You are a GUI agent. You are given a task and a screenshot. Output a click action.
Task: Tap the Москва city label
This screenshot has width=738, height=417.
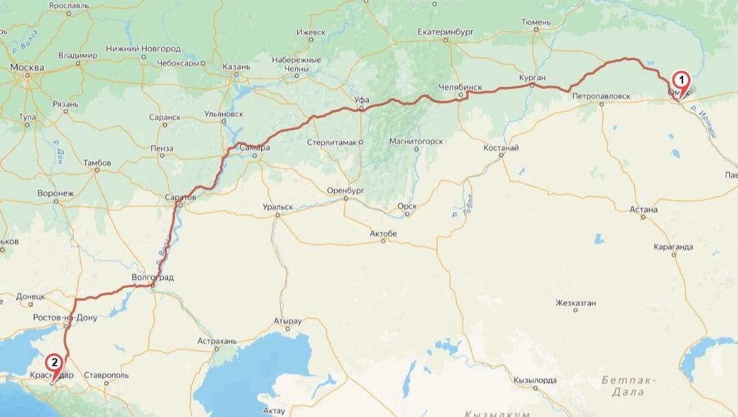tap(27, 68)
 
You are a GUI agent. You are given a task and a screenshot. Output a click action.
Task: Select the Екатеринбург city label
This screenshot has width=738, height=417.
tap(446, 32)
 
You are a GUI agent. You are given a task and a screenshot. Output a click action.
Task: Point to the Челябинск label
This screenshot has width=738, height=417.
tap(461, 88)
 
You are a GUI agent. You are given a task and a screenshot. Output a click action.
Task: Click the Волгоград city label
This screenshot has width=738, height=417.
tap(152, 278)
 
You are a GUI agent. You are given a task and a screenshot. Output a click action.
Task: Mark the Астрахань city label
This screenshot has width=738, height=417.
tap(217, 340)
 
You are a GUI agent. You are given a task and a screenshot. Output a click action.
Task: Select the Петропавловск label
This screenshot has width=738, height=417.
tap(601, 96)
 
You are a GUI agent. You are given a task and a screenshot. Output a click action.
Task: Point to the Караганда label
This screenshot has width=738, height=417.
tap(673, 247)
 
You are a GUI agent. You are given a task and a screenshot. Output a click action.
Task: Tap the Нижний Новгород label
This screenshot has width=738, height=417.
tap(143, 49)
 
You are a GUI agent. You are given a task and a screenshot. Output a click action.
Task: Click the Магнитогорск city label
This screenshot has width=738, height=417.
tap(415, 142)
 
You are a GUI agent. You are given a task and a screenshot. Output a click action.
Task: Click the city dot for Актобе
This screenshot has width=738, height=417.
tap(383, 243)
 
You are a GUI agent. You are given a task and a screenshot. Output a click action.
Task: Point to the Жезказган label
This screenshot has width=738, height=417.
tap(575, 303)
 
